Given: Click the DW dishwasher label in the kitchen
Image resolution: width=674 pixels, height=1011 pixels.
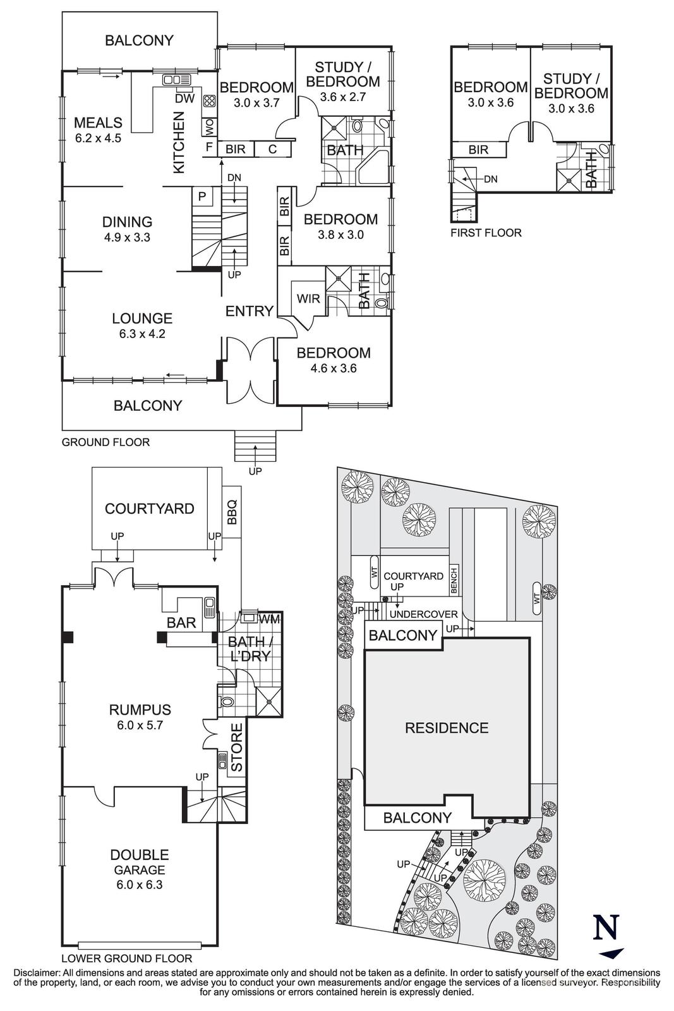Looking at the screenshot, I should click(184, 99).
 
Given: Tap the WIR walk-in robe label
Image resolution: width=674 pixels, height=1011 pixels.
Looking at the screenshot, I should click(308, 298).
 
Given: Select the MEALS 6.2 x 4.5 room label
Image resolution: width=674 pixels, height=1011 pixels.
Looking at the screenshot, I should click(98, 129).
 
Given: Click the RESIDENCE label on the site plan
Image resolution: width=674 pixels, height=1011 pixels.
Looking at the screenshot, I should click(447, 728).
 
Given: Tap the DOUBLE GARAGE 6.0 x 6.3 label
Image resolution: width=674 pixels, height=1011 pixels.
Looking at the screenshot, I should click(140, 869).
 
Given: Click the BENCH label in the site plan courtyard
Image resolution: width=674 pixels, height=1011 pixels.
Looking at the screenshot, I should click(454, 579).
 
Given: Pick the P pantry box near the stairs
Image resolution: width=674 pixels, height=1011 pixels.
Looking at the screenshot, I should click(202, 197).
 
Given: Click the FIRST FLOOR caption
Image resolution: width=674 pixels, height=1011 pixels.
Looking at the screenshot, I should click(486, 233).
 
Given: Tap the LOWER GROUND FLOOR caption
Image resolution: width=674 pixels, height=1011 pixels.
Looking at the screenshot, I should click(127, 958).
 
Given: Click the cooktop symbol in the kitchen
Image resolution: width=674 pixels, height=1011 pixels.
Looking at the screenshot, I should click(209, 100).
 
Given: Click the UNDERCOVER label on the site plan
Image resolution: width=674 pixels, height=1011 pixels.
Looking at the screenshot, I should click(423, 614).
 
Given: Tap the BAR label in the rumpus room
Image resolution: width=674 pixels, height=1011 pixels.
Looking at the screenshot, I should click(181, 622).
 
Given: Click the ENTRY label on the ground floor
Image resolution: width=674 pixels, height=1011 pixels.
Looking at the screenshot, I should click(249, 311).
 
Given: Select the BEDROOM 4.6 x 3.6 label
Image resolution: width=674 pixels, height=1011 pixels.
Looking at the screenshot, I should click(334, 360).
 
